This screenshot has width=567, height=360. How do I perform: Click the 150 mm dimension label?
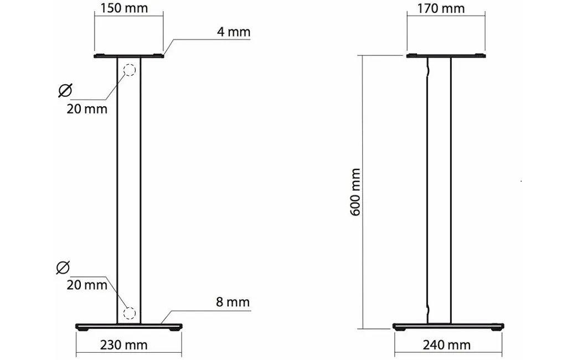(123, 9)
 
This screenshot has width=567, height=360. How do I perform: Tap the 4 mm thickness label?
(233, 32)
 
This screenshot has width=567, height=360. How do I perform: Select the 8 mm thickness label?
(233, 302)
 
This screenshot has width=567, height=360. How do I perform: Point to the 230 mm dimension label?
(124, 345)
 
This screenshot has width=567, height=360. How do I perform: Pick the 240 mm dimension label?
(446, 345)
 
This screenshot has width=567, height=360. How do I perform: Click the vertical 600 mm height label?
(356, 192)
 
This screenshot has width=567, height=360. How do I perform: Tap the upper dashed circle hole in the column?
(129, 70)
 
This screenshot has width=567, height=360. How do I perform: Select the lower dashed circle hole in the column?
(129, 313)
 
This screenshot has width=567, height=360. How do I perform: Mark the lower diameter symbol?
(64, 268)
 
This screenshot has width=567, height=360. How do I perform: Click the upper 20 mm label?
(87, 109)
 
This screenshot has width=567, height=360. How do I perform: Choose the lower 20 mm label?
(87, 285)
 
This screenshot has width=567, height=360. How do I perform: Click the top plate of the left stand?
(128, 56)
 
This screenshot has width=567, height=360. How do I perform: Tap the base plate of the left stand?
(128, 326)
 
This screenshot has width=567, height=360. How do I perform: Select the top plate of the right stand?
(446, 56)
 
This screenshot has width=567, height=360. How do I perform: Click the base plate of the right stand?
(449, 326)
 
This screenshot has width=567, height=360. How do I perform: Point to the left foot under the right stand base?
(401, 330)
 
